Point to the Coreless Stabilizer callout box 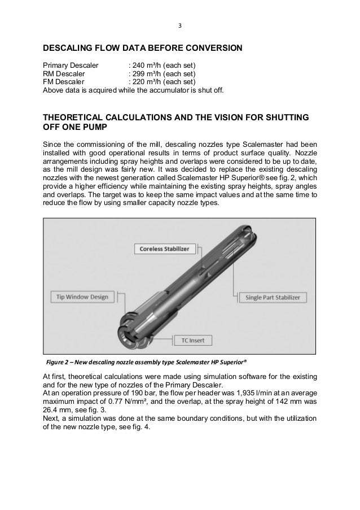click(161, 249)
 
